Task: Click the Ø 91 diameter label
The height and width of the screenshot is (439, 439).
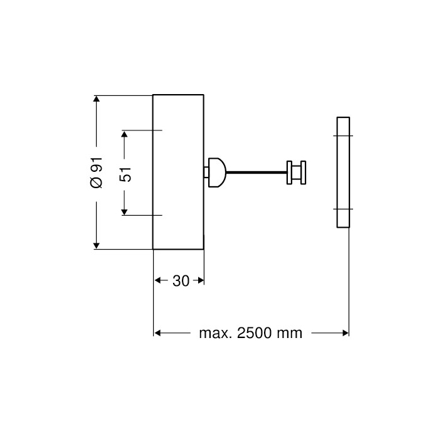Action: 96,172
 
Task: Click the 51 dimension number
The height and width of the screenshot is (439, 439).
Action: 125,173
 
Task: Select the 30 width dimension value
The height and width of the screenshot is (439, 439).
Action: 181,281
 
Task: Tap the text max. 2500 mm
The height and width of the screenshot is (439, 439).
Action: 250,332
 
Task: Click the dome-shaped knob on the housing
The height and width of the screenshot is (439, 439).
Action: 215,172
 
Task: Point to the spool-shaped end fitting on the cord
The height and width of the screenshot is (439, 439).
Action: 296,172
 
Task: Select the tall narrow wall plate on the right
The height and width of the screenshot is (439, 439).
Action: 342,172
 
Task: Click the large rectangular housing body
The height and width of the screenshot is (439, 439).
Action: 178,172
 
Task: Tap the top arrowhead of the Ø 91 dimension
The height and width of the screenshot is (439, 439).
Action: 96,98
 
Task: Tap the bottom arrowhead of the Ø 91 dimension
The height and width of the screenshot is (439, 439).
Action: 96,245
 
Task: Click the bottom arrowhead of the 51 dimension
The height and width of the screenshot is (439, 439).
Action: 125,211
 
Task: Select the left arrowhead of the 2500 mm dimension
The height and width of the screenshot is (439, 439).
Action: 158,332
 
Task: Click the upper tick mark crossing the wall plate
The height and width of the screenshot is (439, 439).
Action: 342,136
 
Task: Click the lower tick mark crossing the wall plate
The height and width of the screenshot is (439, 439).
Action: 342,208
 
